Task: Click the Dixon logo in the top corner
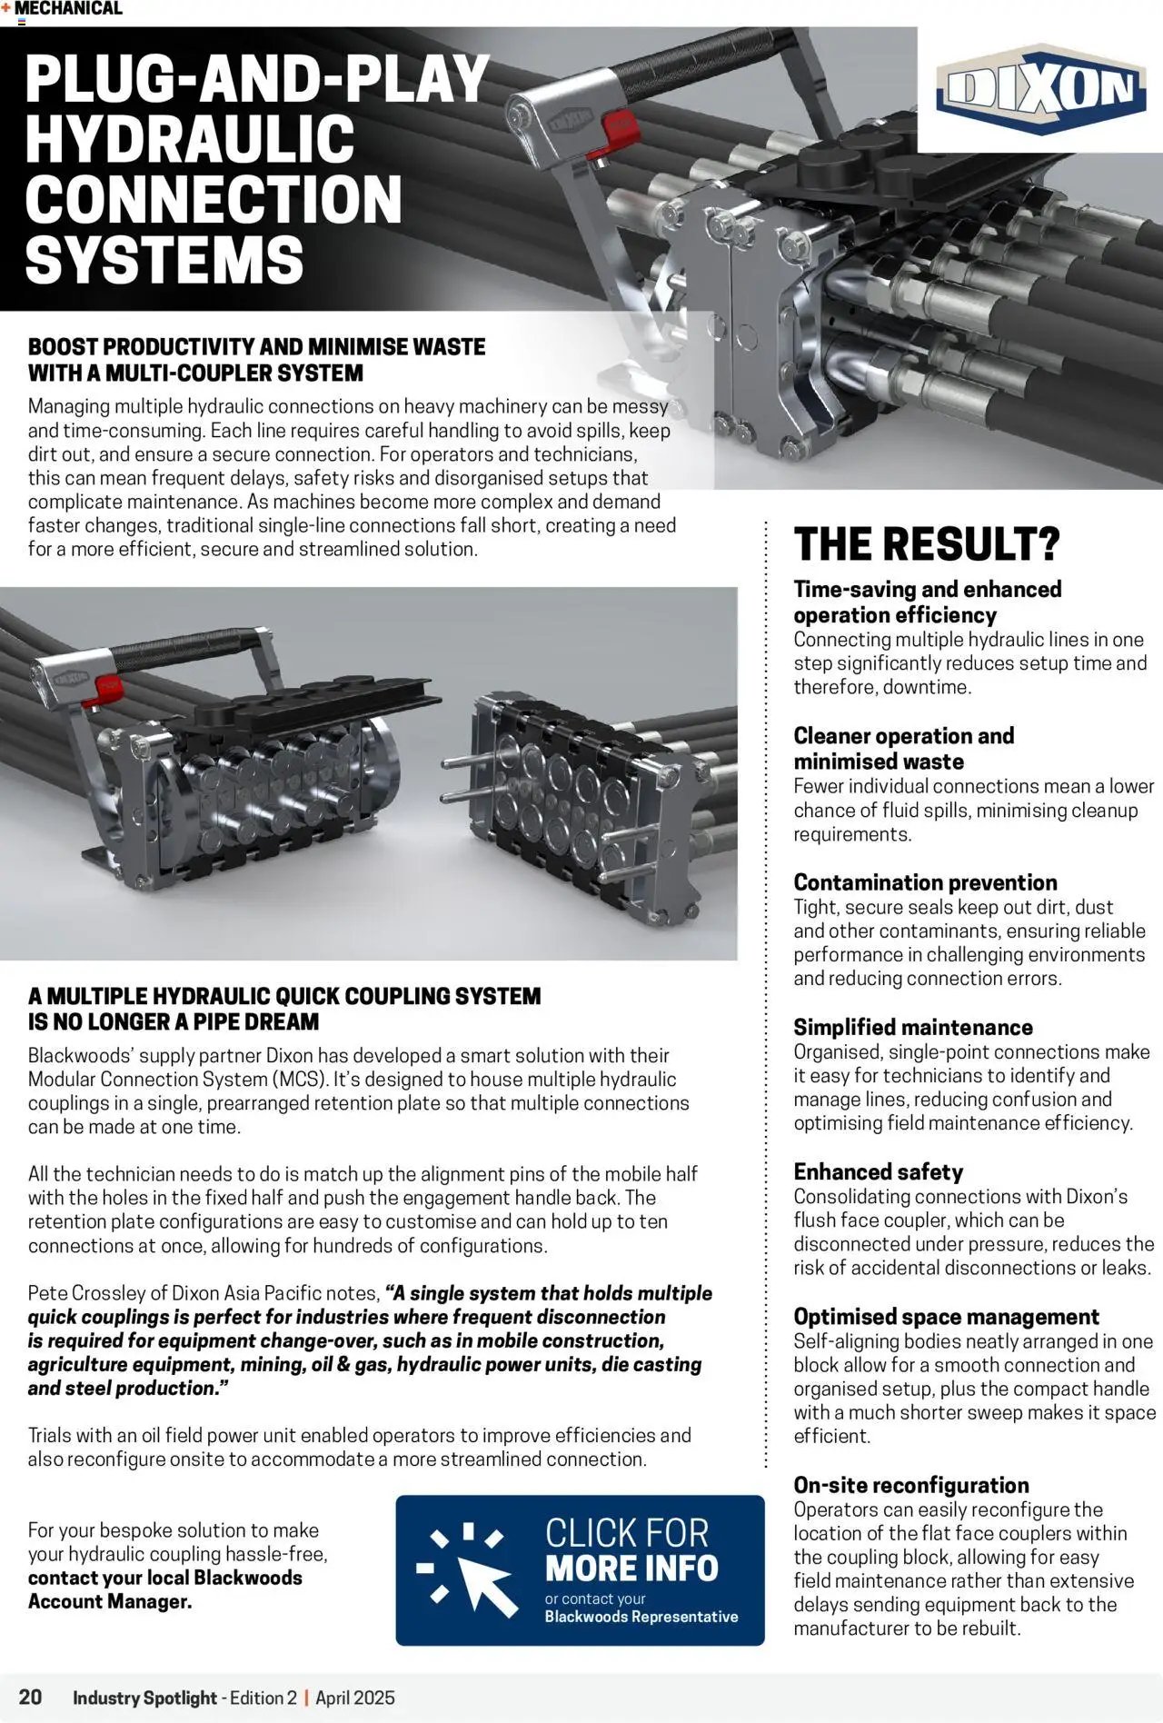1041,89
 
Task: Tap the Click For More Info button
580,1569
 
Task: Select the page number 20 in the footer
30,1697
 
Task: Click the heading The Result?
927,544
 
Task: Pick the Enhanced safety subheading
878,1171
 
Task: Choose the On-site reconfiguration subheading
910,1485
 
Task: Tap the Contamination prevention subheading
925,881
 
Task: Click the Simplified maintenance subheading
912,1027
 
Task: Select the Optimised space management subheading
946,1317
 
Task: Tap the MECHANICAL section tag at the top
68,9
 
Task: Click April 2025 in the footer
355,1698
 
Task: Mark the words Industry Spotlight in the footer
144,1698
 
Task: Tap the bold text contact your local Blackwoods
164,1578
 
